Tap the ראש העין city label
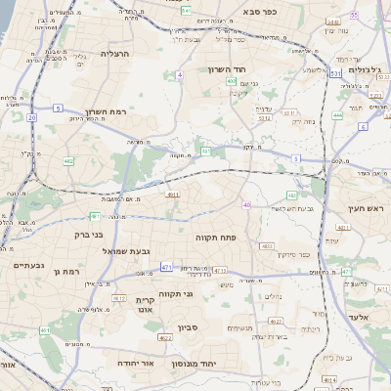[369, 209]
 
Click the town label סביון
[188, 328]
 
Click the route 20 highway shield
[32, 117]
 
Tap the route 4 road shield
[180, 74]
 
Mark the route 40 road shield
[246, 205]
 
